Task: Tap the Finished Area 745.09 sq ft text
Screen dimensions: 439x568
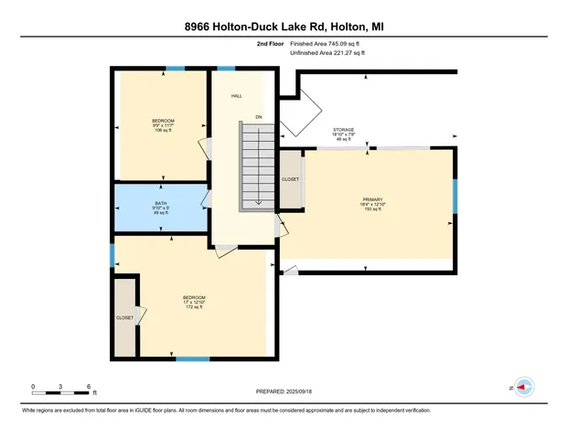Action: point(327,43)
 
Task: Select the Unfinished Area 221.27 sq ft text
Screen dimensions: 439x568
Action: point(327,53)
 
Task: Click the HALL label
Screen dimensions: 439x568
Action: point(236,95)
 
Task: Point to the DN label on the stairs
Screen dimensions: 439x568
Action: point(259,117)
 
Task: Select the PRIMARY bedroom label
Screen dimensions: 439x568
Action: point(371,200)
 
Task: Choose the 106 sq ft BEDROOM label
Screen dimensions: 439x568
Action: point(163,125)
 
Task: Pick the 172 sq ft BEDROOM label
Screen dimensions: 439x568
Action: point(194,302)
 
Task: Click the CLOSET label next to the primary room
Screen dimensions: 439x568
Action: point(290,179)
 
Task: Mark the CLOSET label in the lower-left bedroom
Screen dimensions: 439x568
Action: point(125,317)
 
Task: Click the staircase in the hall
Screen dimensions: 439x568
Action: point(257,166)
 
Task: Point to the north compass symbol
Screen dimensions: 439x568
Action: point(524,387)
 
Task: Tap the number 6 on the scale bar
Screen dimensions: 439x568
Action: point(88,387)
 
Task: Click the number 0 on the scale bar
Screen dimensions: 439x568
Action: point(33,387)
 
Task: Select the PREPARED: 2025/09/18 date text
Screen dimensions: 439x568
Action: point(284,391)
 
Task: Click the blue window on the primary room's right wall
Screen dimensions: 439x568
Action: point(455,197)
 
